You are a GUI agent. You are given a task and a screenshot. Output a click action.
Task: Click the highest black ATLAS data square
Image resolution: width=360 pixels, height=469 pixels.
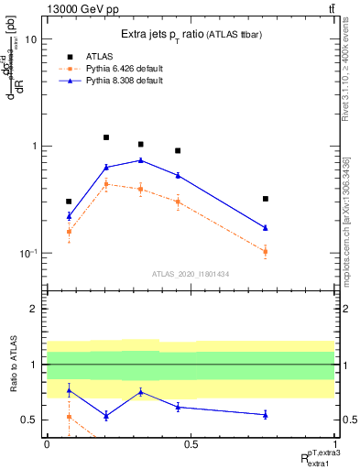[106, 137]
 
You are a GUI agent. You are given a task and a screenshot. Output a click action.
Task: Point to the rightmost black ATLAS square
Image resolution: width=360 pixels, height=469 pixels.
[265, 198]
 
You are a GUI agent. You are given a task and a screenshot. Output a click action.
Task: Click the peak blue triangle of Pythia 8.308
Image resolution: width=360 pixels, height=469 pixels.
[140, 160]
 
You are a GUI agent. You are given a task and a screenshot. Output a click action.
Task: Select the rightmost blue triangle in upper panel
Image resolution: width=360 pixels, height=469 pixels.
[265, 227]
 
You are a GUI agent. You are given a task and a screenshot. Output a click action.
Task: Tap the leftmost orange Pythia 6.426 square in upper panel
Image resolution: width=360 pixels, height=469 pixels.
[70, 232]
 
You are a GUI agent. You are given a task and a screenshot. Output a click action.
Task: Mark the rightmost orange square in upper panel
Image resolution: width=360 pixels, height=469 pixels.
[265, 251]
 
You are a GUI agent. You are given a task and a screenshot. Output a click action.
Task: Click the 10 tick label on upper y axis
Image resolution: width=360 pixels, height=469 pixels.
[30, 39]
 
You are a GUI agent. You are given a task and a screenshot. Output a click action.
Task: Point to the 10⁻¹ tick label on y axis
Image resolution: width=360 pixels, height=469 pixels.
[27, 253]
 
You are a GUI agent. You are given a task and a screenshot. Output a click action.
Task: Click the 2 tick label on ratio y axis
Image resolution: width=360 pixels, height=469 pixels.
[33, 309]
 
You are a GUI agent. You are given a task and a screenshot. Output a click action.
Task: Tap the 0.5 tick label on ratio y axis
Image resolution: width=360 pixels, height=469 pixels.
[28, 420]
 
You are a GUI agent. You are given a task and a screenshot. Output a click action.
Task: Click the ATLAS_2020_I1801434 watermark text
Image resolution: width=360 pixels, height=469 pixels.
[190, 273]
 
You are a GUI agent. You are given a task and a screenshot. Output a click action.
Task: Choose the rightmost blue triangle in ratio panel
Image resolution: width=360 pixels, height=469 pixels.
[265, 415]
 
